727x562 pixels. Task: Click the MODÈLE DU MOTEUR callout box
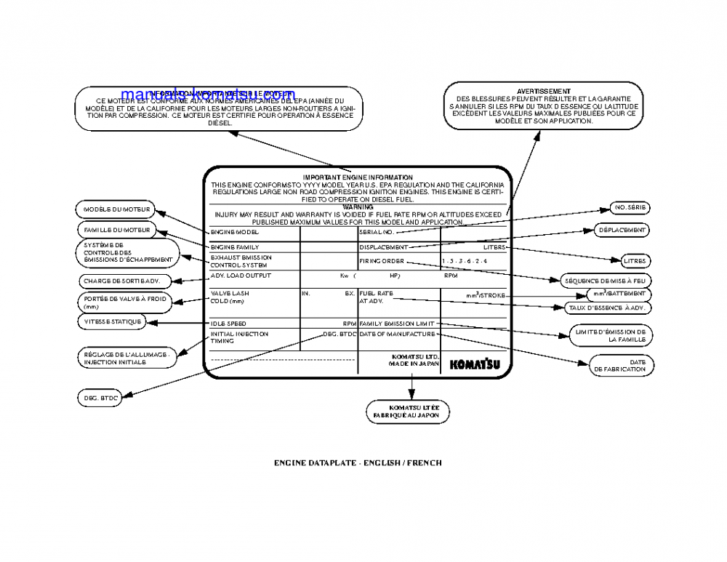(x=116, y=209)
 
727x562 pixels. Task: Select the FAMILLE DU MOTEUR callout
(x=116, y=230)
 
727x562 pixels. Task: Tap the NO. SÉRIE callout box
(x=630, y=208)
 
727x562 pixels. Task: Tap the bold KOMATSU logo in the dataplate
(x=474, y=364)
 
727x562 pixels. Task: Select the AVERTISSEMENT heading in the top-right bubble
(x=543, y=91)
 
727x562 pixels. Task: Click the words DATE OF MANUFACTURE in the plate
(x=396, y=334)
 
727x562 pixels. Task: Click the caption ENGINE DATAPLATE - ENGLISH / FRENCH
(x=358, y=462)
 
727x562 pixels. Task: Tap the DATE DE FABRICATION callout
(x=619, y=365)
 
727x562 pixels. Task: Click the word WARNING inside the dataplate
(x=357, y=207)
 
